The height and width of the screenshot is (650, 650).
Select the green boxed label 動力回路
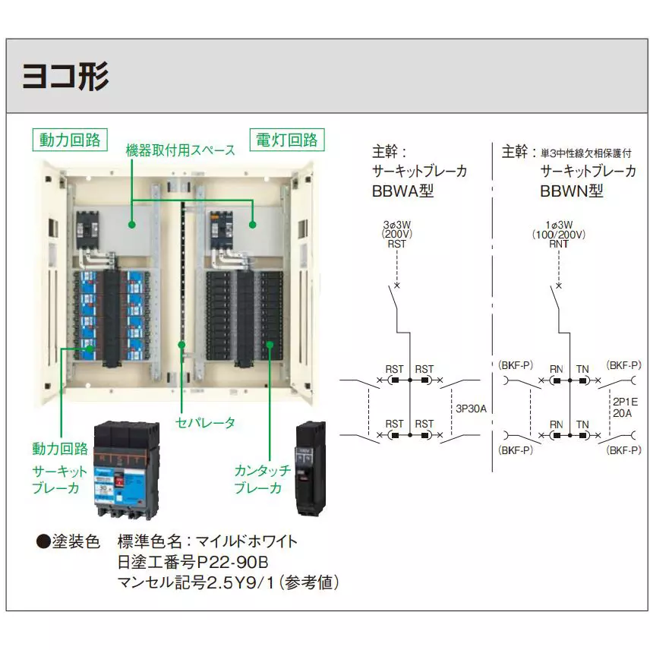point(70,140)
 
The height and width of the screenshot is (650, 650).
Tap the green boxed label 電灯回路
point(286,140)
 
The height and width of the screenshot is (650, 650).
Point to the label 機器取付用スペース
point(181,150)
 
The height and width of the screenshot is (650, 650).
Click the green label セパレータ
point(205,422)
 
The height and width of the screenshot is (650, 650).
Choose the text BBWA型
point(402,191)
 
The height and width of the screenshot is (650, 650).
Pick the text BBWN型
point(571,191)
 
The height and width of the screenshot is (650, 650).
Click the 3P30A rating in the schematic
point(471,409)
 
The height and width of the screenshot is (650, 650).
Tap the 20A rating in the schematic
point(620,415)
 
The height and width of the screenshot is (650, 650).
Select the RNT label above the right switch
point(559,245)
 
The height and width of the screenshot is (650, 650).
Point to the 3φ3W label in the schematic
point(396,226)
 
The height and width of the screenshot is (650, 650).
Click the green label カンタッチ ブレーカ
point(262,479)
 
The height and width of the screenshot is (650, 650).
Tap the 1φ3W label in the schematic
point(559,226)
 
